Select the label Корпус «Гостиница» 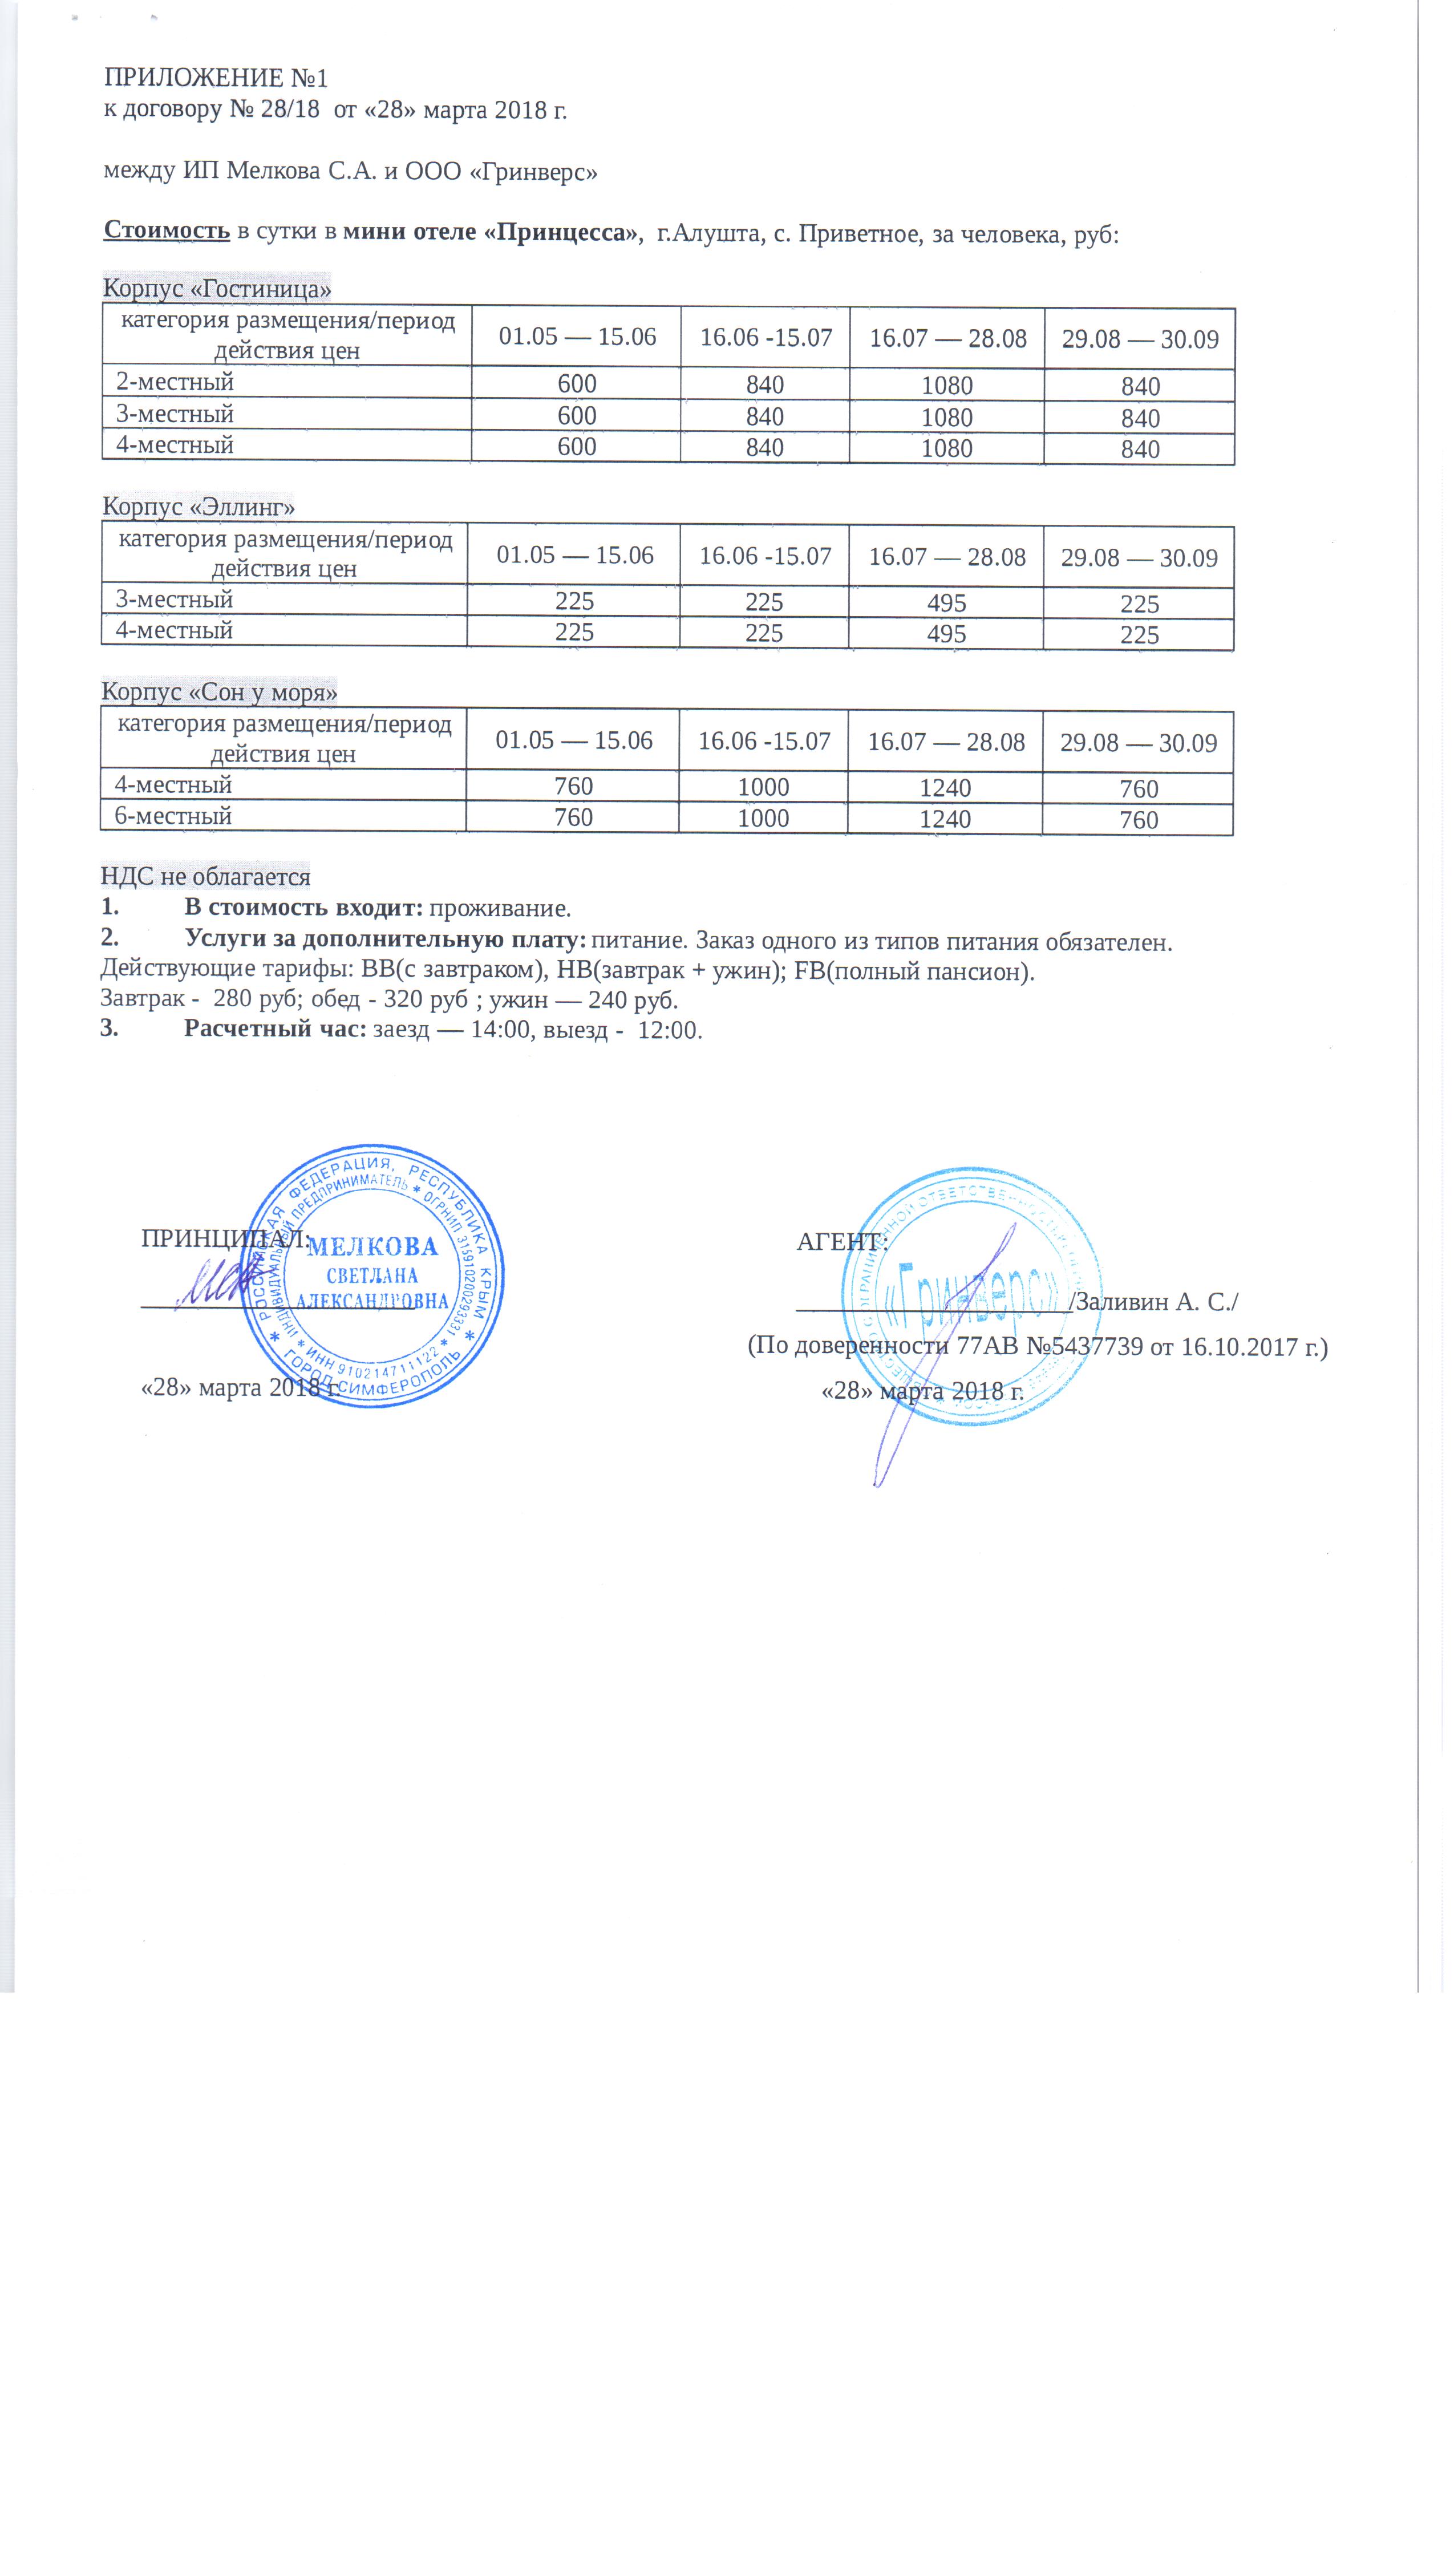(x=217, y=289)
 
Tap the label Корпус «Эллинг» (x=199, y=506)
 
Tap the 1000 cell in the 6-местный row (x=763, y=817)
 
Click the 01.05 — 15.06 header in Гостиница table (x=577, y=337)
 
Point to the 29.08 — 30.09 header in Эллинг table (x=1139, y=557)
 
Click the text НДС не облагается (x=206, y=877)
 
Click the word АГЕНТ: (x=841, y=1241)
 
